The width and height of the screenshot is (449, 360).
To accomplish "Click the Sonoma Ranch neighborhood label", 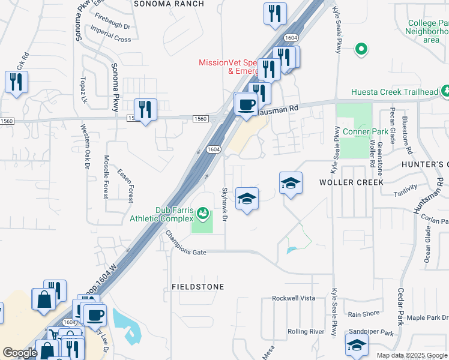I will point(169,4).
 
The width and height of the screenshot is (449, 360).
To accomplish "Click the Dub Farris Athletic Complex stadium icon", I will point(203,213).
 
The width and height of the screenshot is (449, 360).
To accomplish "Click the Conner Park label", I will point(357,131).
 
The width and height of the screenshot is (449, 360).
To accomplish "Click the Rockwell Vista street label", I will point(293,298).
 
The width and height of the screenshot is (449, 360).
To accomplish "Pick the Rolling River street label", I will point(306,331).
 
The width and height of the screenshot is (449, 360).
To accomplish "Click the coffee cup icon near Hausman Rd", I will point(246,105).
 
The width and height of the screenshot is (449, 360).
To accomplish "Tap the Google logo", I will point(20,353).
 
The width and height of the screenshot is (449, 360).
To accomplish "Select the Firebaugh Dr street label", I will point(115,26).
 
